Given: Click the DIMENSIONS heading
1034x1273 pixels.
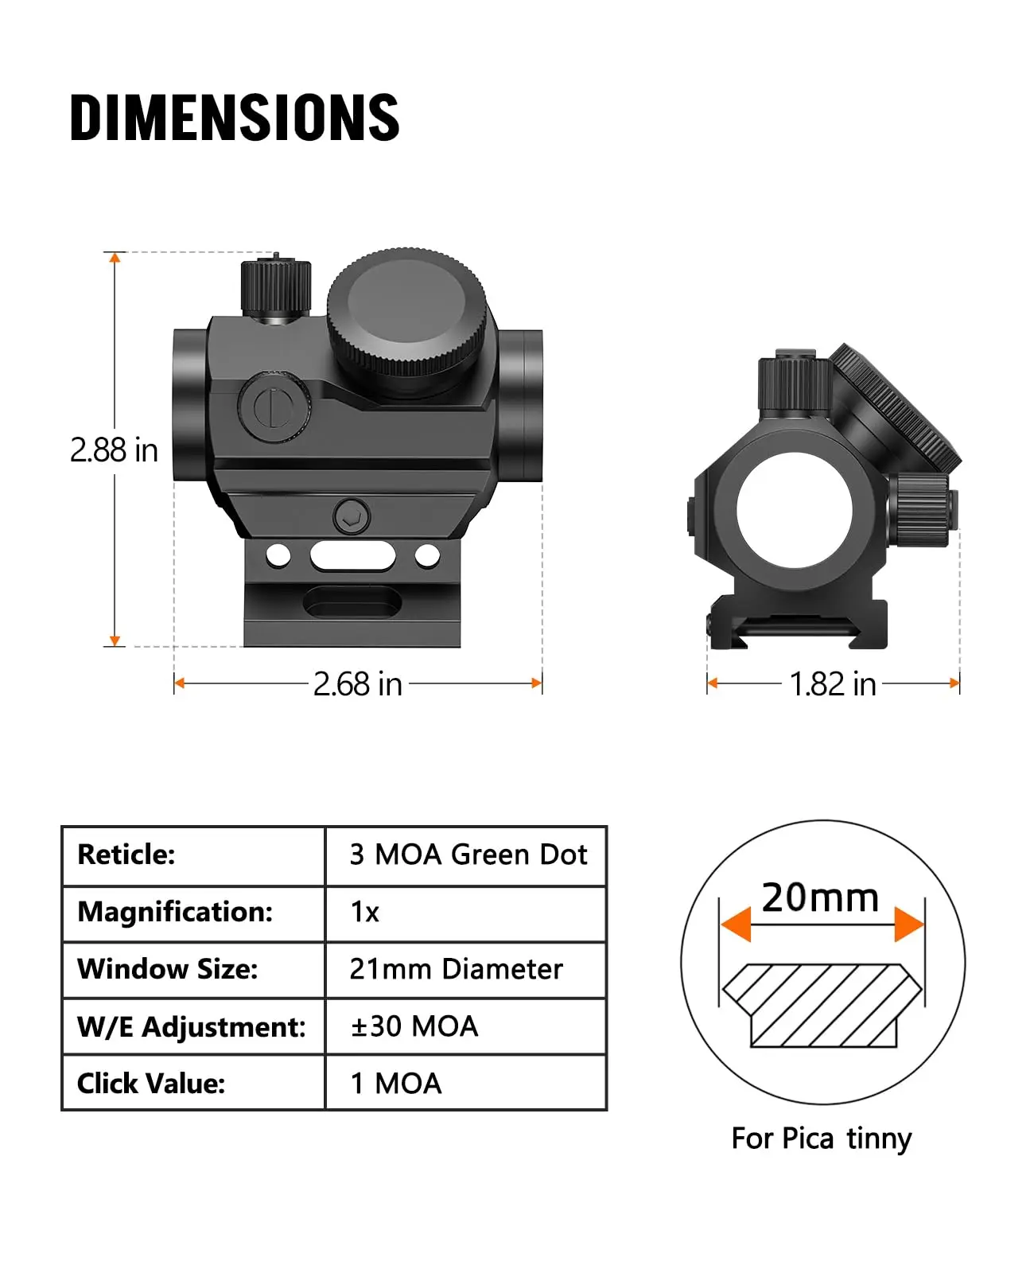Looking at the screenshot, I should click(235, 118).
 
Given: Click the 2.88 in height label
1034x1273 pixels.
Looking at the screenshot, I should click(114, 450).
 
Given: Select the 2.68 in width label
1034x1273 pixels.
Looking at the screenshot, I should click(357, 684).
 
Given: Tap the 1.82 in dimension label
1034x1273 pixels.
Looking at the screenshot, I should click(832, 684).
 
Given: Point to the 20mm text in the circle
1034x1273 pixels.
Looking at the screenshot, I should click(820, 897).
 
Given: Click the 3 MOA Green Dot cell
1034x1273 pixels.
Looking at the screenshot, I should click(468, 855).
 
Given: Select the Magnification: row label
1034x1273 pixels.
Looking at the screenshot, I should click(175, 912).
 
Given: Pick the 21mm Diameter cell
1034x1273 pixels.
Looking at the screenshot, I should click(456, 969).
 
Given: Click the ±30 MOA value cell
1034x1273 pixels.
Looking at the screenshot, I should click(414, 1026).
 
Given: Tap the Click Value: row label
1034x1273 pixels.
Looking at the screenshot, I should click(151, 1084).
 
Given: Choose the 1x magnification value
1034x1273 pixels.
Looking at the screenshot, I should click(364, 912).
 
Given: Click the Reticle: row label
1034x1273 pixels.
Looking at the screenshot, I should click(126, 855).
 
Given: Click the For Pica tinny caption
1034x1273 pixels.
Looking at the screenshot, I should click(821, 1139).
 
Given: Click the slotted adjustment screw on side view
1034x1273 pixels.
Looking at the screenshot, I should click(273, 407).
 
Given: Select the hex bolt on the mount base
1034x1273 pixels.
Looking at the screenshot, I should click(352, 517).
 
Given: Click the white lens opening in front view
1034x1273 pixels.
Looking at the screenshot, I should click(794, 510).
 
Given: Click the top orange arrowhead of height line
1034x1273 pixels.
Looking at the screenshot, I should click(115, 258).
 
